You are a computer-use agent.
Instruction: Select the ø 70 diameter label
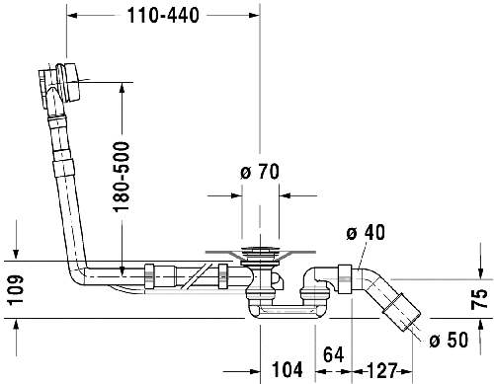(x=259, y=172)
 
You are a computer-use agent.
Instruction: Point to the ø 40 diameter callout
(x=365, y=233)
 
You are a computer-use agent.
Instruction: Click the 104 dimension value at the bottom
(x=287, y=370)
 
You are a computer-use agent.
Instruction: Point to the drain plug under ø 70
(x=261, y=259)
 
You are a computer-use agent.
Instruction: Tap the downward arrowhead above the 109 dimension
(x=15, y=254)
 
